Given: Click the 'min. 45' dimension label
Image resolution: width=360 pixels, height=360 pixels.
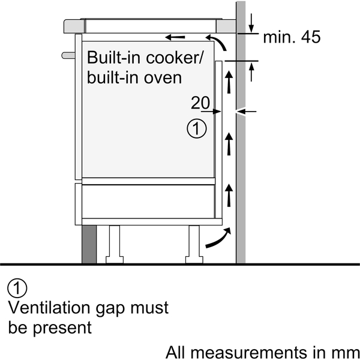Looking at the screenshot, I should coord(292,38).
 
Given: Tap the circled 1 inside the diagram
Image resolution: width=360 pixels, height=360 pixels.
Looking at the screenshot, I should coord(196,128).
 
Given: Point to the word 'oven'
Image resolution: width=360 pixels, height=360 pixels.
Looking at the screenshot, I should coord(162,78).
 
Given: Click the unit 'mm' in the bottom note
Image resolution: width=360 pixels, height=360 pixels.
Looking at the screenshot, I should coord(346,351).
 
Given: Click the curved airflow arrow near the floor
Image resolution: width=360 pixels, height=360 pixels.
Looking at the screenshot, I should coord(216,238).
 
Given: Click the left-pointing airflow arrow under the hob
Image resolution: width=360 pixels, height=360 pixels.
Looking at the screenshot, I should coord(176,38).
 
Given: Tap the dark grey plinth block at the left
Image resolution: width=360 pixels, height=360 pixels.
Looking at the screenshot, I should coord(89,245).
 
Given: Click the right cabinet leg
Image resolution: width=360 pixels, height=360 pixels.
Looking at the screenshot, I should coord(194,244).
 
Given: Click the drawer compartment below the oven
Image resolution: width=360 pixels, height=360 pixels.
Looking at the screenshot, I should coord(148,201).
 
